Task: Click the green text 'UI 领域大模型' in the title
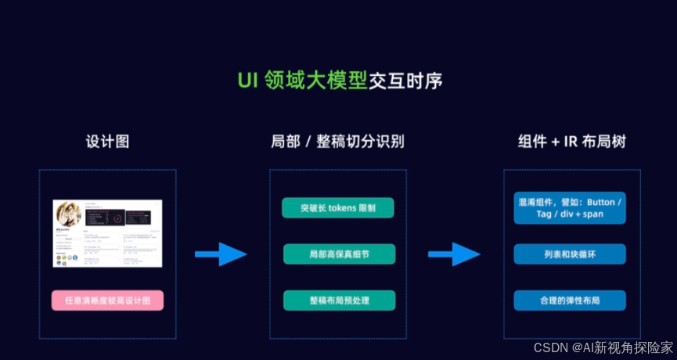302,81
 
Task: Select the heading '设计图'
107,142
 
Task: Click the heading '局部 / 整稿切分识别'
337,142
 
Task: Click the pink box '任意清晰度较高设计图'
107,301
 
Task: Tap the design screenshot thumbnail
107,233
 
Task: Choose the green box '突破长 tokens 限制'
338,208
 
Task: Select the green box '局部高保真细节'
338,254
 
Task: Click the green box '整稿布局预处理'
338,301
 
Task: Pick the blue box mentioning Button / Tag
570,208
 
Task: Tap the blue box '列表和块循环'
570,254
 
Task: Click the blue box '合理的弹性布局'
570,301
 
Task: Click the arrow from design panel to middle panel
220,254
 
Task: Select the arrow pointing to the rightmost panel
453,254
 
